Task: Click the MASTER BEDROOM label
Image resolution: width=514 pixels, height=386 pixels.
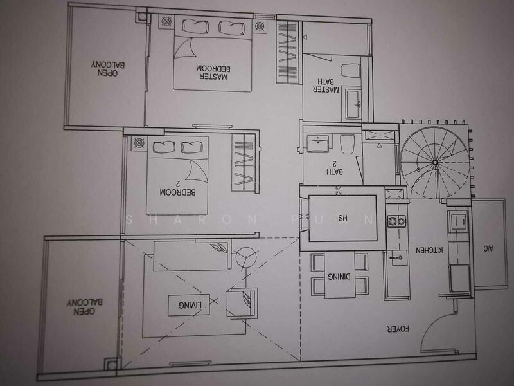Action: pos(213,73)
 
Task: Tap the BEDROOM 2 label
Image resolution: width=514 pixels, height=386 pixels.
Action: pos(178,188)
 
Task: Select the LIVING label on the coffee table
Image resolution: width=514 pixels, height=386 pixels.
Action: pos(190,305)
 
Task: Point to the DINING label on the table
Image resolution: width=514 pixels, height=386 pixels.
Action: pos(339,277)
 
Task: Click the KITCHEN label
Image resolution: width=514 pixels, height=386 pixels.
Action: pos(429,250)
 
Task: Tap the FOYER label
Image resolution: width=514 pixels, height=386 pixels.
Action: pos(398,329)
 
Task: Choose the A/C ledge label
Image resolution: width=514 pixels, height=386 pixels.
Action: pos(488,248)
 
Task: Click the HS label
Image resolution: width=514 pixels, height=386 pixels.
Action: pos(342,217)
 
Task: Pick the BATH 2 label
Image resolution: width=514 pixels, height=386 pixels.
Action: pos(335,167)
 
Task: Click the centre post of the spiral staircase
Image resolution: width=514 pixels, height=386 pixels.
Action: pos(435,162)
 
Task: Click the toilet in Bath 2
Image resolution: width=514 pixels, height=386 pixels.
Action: pos(348,143)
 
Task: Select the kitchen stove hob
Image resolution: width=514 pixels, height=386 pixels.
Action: pos(396,221)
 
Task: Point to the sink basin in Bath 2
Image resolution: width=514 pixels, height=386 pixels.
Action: pos(317,143)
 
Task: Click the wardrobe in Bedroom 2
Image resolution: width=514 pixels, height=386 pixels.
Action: pos(244,163)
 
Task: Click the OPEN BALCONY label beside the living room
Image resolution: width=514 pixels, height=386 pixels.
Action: pos(85,307)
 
